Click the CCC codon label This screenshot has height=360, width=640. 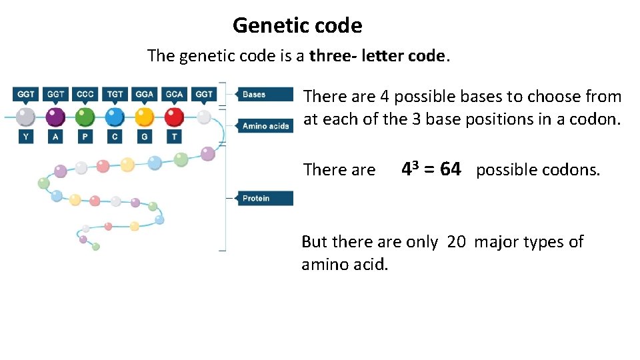[85, 94]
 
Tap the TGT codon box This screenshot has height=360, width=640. [115, 94]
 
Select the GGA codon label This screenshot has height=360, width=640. [144, 94]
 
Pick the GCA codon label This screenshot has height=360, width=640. [174, 94]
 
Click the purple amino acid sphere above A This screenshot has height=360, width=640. [55, 117]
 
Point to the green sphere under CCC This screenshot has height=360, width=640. [85, 117]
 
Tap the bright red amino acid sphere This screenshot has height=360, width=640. [174, 117]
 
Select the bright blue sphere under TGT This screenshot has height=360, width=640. [115, 117]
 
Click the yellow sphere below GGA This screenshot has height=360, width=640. [144, 117]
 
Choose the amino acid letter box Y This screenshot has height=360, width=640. [25, 137]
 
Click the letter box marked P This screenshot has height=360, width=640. [85, 137]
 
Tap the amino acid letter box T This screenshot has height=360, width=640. [174, 137]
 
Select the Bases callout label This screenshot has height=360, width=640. [265, 94]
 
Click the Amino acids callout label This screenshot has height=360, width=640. [265, 126]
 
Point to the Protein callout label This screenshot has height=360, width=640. [265, 198]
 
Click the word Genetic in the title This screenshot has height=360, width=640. [265, 26]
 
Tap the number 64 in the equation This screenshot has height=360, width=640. [450, 169]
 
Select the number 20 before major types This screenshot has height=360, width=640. [457, 242]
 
